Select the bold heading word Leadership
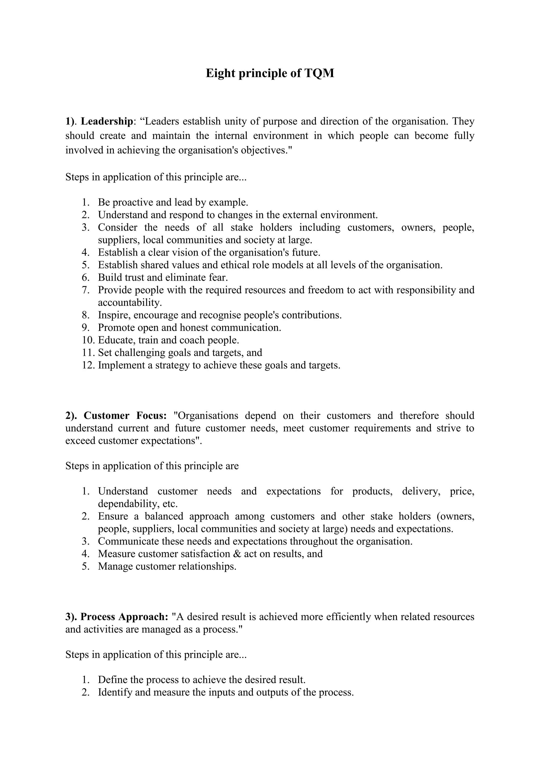(107, 121)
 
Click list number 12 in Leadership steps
(88, 365)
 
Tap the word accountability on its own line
(130, 303)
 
